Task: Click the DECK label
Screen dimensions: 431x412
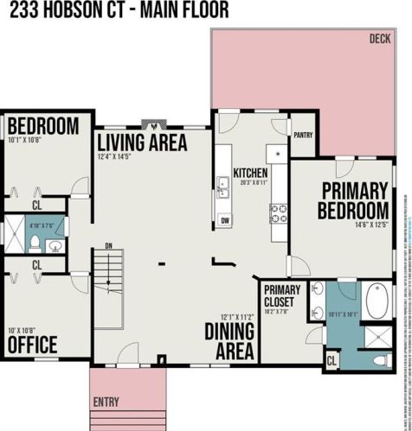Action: tap(379, 39)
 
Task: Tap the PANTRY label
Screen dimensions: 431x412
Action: tap(303, 135)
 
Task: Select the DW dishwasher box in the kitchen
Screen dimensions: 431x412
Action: tap(224, 221)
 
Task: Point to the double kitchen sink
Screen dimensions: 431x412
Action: tap(223, 187)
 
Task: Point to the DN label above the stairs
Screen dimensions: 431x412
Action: tap(108, 245)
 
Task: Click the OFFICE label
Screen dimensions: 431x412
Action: tap(32, 345)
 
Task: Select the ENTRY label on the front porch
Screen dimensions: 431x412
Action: tap(106, 402)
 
